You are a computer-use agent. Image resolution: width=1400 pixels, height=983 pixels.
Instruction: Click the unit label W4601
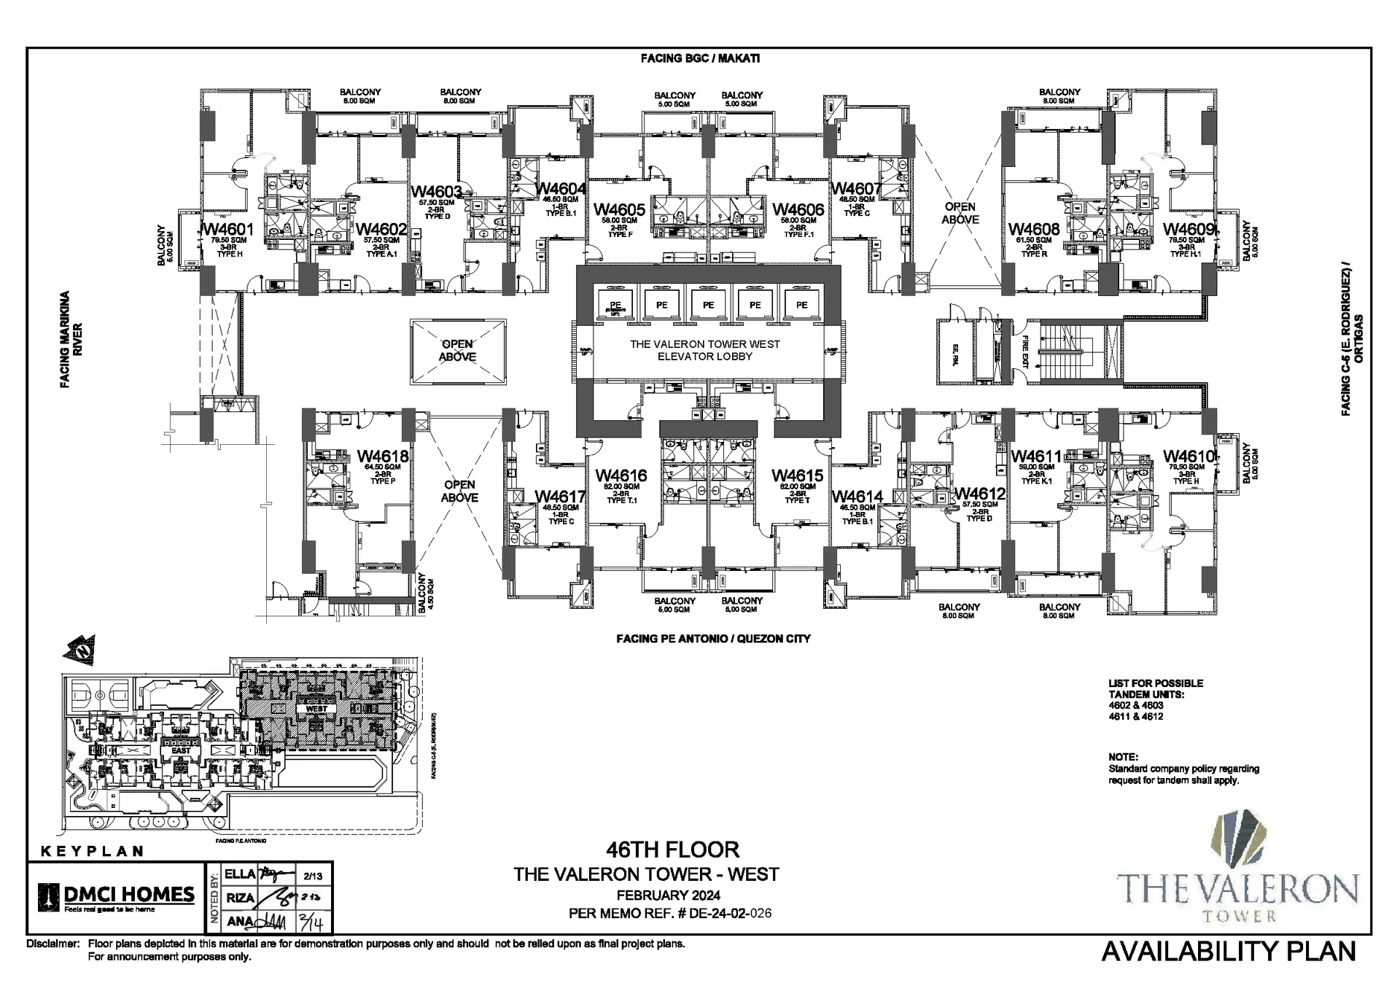[228, 230]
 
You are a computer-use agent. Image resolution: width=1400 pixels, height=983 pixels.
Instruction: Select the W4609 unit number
[1188, 230]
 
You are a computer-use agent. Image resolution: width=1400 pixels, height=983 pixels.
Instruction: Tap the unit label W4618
[383, 456]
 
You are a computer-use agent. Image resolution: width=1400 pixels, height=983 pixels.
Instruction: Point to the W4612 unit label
[979, 494]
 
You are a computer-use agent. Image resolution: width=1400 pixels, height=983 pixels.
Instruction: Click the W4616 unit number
[621, 476]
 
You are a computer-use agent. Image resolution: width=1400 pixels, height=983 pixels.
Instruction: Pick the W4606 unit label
[798, 210]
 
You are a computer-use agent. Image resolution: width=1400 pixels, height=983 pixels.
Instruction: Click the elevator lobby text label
[704, 350]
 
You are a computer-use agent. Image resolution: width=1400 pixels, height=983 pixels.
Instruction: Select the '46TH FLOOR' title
[672, 850]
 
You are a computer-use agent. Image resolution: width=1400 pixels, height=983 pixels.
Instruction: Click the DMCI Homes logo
[117, 897]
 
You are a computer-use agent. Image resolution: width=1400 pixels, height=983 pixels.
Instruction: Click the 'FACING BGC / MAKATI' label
[700, 58]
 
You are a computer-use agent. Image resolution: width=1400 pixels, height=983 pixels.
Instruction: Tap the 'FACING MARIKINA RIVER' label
[71, 340]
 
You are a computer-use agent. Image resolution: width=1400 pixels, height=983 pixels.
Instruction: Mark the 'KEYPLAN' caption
[92, 851]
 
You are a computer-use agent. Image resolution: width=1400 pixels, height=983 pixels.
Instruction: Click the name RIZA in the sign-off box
[240, 898]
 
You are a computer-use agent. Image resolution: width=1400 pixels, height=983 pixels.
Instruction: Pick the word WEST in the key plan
[316, 708]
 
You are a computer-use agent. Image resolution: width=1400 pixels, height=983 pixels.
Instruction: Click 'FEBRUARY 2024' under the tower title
[668, 895]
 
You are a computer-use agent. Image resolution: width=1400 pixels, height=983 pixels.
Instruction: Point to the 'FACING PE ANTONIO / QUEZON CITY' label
[712, 639]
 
